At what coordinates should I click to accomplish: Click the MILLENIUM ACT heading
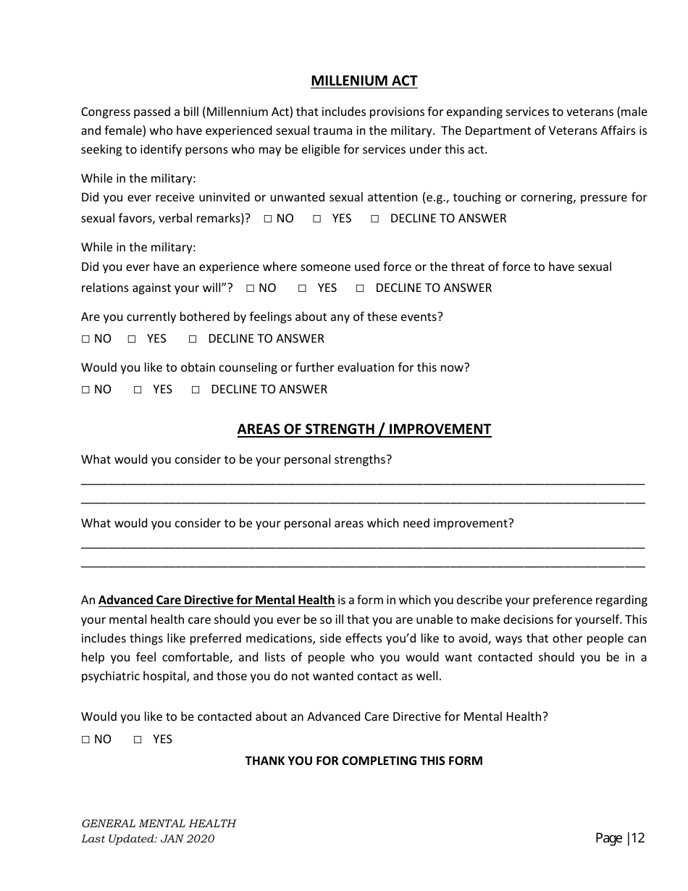(364, 80)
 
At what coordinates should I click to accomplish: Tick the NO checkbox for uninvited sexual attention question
(268, 219)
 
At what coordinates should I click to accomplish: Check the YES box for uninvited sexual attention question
(316, 219)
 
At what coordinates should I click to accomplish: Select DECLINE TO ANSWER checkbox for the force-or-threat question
(360, 288)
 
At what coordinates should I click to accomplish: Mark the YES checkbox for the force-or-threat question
(302, 288)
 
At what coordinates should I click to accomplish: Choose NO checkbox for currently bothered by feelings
(85, 339)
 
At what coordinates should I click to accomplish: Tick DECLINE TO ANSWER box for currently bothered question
(193, 339)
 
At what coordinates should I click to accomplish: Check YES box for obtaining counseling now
(138, 390)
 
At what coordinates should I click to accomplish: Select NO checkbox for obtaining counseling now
(85, 390)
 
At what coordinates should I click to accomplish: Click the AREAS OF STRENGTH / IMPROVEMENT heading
(364, 429)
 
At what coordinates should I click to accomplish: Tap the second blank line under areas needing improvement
(362, 564)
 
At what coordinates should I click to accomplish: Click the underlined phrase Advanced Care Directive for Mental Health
(217, 600)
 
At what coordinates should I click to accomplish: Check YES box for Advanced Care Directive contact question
(138, 740)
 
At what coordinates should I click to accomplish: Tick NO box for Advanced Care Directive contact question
(85, 740)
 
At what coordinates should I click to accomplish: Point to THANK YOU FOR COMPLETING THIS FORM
(364, 761)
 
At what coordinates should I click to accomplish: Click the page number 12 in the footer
(637, 838)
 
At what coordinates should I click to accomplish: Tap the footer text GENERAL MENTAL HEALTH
(159, 823)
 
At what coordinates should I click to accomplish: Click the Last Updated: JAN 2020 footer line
(148, 839)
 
